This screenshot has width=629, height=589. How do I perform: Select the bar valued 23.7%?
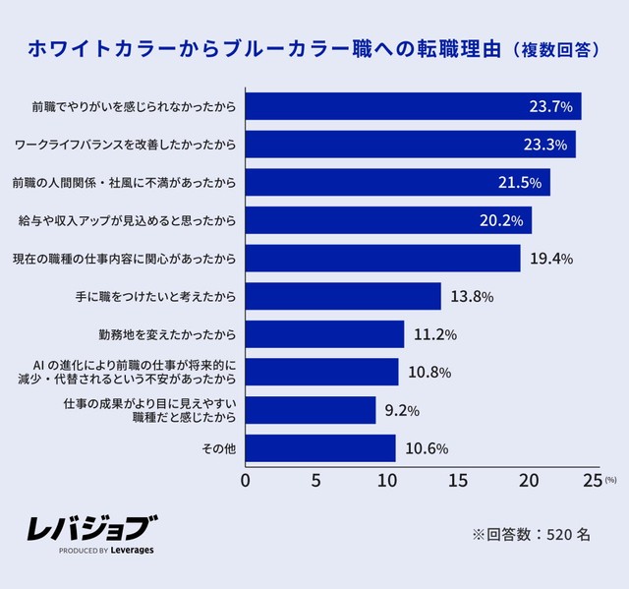tap(413, 106)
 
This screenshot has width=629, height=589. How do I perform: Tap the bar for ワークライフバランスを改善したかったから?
tap(410, 145)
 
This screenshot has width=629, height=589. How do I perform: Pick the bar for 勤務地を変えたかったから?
tap(324, 334)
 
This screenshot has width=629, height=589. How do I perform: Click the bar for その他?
tap(320, 448)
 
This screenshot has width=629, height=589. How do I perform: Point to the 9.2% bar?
tap(311, 410)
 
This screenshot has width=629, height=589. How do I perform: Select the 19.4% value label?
tap(550, 259)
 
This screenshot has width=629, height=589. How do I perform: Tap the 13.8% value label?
tap(471, 296)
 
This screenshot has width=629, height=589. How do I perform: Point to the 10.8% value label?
tap(429, 373)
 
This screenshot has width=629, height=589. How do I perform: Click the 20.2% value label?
tap(501, 220)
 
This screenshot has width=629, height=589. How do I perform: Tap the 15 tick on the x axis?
tap(458, 482)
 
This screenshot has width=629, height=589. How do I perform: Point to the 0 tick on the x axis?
tap(246, 482)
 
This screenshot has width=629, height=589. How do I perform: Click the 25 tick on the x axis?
tap(592, 482)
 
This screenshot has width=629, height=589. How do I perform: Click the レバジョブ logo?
tap(91, 531)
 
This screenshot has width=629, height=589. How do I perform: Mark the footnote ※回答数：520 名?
tap(531, 534)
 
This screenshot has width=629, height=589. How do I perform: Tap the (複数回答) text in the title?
tap(555, 49)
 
